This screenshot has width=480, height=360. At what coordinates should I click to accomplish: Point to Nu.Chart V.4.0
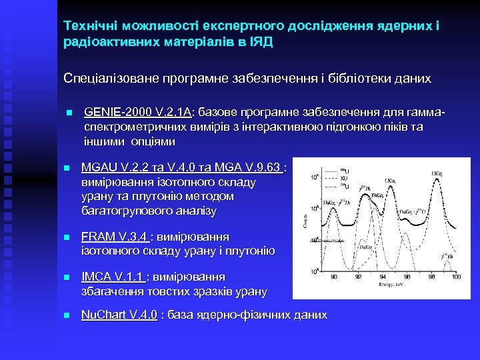coord(119,315)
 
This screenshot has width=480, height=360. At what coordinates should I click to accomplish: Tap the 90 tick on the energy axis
coord(334,276)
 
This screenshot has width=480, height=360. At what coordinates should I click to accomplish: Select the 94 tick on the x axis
coord(383,276)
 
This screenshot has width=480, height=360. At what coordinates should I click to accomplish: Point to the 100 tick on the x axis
coord(455,276)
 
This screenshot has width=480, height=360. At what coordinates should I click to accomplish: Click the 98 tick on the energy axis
coord(431,276)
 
